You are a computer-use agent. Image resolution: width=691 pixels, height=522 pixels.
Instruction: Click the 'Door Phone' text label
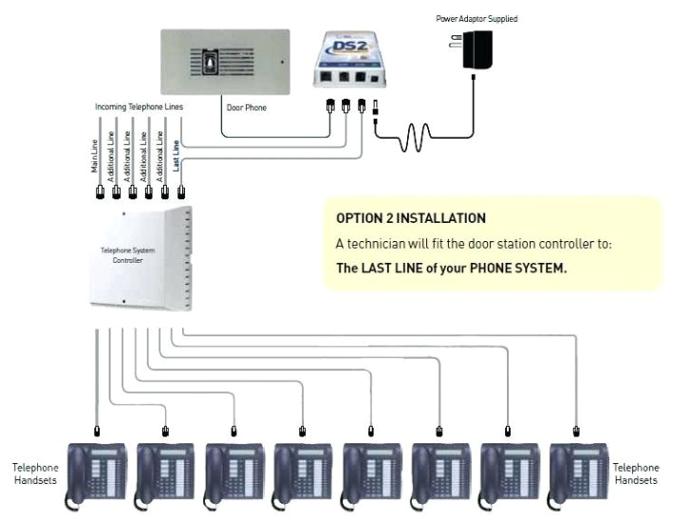coord(246,107)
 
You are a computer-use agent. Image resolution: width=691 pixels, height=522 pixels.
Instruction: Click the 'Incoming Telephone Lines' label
coord(139,107)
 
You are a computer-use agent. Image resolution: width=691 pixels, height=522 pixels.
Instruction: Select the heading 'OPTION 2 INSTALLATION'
coord(411,218)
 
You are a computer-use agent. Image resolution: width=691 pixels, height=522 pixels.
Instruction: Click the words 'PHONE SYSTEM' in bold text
coord(520,268)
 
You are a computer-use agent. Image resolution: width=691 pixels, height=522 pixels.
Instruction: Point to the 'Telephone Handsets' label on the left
coord(34,475)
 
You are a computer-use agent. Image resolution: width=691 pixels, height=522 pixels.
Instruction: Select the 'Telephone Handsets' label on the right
coord(635,475)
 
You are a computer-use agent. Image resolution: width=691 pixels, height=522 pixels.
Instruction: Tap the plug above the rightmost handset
coord(575,431)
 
